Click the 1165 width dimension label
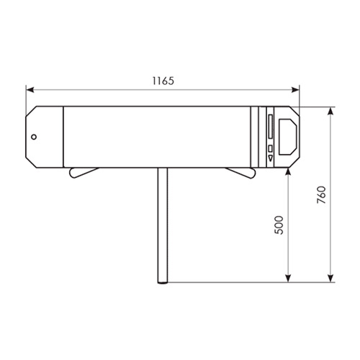click(163, 81)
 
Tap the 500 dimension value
click(279, 225)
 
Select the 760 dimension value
click(322, 194)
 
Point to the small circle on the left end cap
click(34, 137)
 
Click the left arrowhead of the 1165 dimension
click(30, 90)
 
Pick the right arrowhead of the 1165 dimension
click(295, 90)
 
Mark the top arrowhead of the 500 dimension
click(288, 171)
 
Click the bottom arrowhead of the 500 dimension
click(288, 279)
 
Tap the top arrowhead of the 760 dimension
click(331, 111)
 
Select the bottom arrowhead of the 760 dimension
click(331, 279)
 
